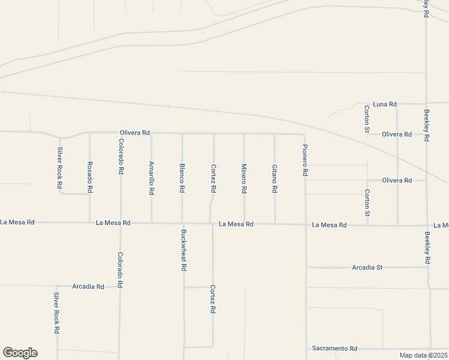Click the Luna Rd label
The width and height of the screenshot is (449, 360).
(x=385, y=104)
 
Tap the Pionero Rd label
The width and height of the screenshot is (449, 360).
(x=305, y=160)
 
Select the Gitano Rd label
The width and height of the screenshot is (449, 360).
(x=274, y=178)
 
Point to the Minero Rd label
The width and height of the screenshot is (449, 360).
(x=244, y=178)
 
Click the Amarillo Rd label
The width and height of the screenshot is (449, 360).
(x=151, y=178)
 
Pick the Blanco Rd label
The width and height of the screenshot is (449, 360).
(x=182, y=178)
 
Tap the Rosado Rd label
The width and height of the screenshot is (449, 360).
(x=89, y=177)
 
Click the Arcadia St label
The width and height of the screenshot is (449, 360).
(x=367, y=267)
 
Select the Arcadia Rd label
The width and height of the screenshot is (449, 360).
(x=88, y=286)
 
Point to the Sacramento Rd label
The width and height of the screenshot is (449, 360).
(x=334, y=348)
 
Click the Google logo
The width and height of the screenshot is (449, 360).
(x=20, y=353)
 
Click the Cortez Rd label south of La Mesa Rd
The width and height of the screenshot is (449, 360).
(x=212, y=299)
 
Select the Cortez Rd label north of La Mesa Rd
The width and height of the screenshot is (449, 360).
(x=213, y=178)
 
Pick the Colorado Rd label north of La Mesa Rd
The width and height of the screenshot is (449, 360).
(x=121, y=156)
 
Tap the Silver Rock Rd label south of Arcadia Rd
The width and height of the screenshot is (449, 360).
(x=56, y=313)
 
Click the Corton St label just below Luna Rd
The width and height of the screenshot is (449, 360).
(x=367, y=118)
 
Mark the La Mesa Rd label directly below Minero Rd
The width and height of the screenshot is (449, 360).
(x=236, y=224)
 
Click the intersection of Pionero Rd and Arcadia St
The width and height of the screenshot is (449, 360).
(x=306, y=267)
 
